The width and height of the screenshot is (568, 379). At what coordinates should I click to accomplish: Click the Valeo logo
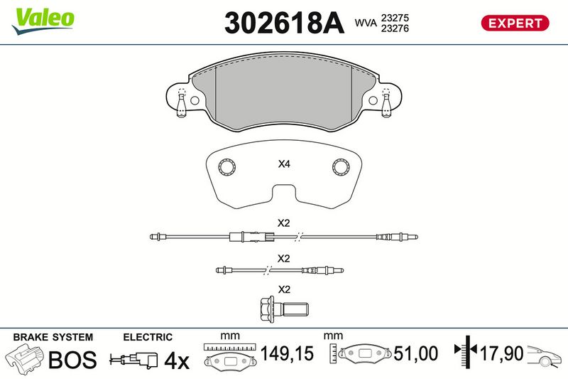click(x=43, y=21)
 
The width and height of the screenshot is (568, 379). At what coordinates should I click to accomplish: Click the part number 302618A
click(x=284, y=23)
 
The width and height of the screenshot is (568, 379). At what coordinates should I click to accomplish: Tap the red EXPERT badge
click(x=515, y=23)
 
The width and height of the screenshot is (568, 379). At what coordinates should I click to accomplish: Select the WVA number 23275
click(x=395, y=18)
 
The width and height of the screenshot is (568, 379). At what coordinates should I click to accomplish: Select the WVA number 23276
click(x=395, y=28)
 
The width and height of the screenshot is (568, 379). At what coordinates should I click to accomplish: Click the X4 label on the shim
click(x=284, y=164)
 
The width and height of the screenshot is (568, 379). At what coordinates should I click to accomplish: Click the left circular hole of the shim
click(x=227, y=167)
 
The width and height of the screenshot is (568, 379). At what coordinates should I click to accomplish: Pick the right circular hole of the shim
click(x=341, y=167)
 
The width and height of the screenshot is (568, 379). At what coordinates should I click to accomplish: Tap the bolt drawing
click(x=285, y=309)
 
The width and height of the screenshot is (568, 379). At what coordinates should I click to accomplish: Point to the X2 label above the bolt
click(x=284, y=289)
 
